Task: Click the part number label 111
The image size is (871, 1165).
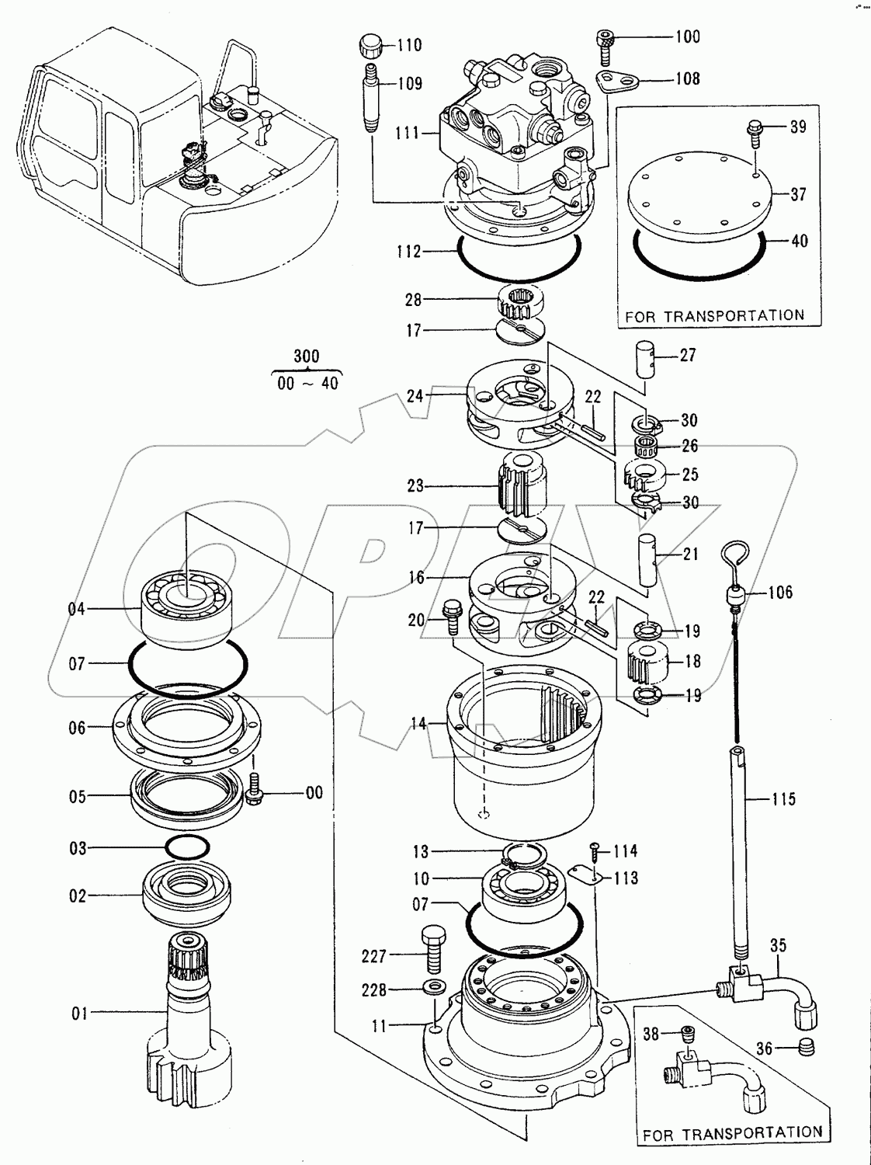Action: click(408, 132)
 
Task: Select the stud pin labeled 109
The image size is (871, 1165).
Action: click(371, 98)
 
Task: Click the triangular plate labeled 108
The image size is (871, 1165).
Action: click(618, 82)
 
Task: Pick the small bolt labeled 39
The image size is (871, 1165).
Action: click(755, 134)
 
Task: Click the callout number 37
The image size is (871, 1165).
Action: click(798, 195)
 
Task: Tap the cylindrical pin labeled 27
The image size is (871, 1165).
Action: click(644, 359)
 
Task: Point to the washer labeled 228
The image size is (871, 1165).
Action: click(435, 989)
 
